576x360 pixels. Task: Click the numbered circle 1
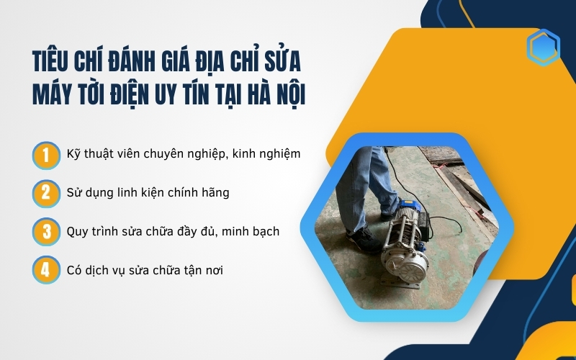click(45, 153)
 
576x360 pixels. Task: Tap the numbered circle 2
click(45, 193)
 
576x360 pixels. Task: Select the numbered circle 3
click(45, 232)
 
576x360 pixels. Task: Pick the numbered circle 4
click(45, 271)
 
